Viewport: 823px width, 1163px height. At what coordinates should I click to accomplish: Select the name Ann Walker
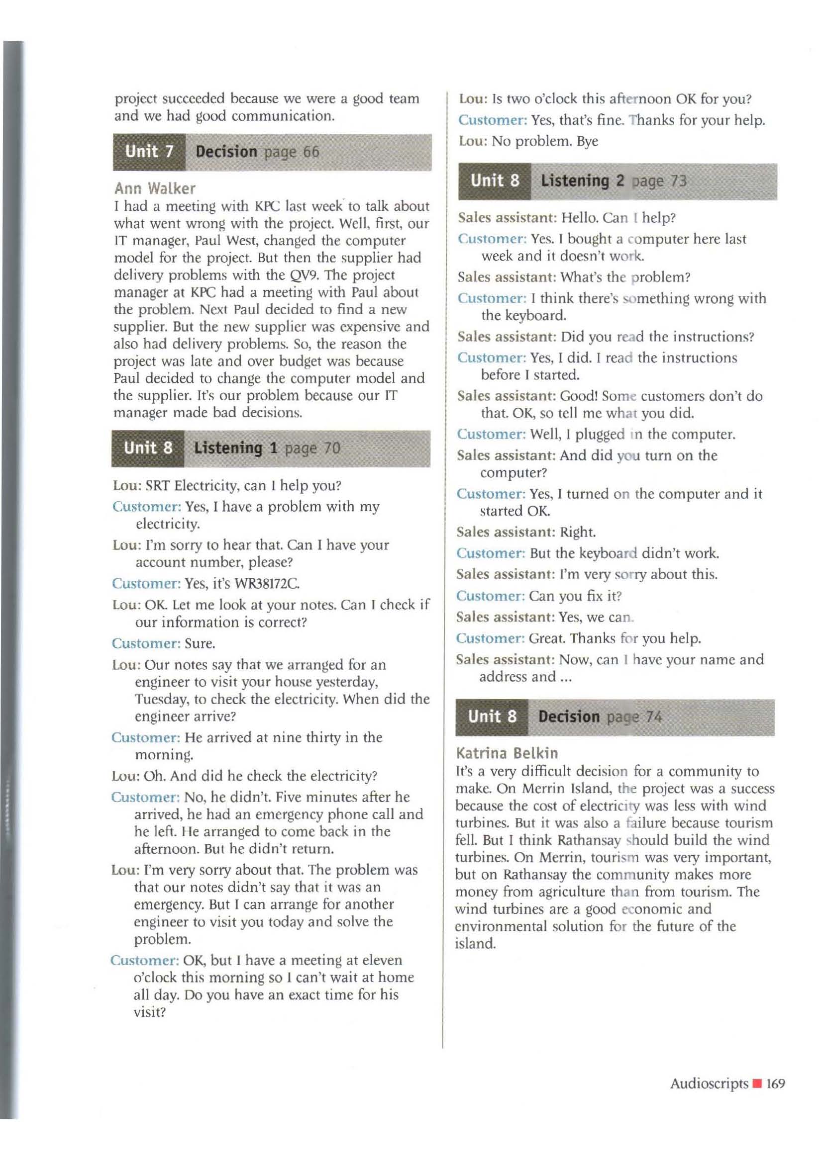click(x=155, y=188)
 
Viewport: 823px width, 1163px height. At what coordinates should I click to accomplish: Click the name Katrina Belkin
click(x=507, y=753)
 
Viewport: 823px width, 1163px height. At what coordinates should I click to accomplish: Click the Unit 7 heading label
click(x=149, y=152)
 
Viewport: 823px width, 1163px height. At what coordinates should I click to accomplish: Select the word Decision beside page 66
click(x=226, y=152)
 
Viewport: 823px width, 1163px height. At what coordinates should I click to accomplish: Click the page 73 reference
click(x=659, y=181)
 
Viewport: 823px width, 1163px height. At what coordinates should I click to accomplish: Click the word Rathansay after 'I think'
click(x=589, y=840)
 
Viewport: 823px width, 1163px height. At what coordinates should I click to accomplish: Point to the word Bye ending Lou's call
click(x=587, y=141)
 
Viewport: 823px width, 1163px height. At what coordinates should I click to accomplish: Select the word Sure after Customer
click(x=200, y=643)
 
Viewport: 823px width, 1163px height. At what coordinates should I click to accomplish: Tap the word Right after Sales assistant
click(x=578, y=532)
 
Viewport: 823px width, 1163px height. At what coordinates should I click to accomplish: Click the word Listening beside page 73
click(x=575, y=181)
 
